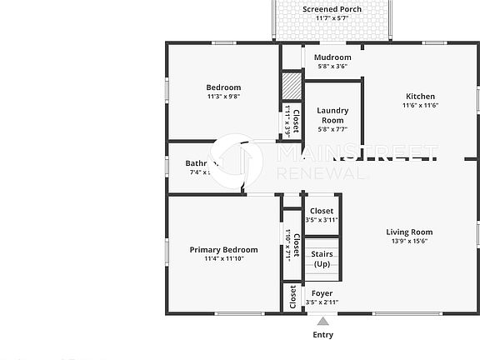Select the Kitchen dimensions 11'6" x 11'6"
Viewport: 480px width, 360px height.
[420, 105]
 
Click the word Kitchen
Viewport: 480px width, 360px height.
[420, 95]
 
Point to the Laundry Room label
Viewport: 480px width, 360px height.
[332, 114]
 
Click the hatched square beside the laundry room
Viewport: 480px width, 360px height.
[289, 86]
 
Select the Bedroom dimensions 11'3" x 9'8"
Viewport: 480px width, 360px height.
[223, 97]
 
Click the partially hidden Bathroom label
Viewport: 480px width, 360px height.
[201, 163]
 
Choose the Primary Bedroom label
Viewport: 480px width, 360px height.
[223, 249]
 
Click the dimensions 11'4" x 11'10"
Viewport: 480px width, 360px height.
[223, 259]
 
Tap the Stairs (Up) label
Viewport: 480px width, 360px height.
[322, 258]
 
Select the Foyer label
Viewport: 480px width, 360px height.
[322, 292]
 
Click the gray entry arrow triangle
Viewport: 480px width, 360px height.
[322, 321]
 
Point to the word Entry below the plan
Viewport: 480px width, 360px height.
[322, 335]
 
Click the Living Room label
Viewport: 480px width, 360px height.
[409, 232]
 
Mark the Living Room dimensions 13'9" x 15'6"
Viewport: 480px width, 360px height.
[409, 242]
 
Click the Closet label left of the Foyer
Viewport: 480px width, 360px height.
[292, 297]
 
